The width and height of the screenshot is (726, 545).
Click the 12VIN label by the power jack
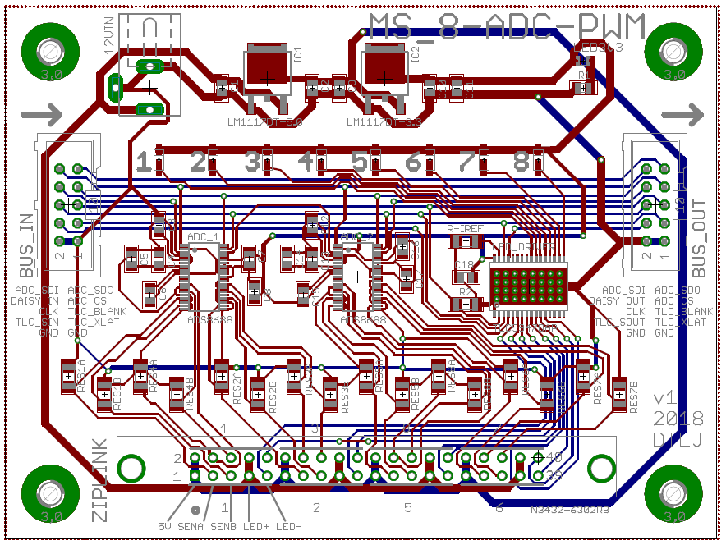[108, 40]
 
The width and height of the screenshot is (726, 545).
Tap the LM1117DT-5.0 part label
[265, 122]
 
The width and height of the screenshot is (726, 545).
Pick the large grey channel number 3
[252, 162]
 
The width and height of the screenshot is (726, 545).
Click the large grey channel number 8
[521, 162]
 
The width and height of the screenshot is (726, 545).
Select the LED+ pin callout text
[256, 525]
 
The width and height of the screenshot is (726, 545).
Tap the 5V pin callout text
[165, 525]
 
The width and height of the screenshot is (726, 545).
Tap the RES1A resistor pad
[68, 377]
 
